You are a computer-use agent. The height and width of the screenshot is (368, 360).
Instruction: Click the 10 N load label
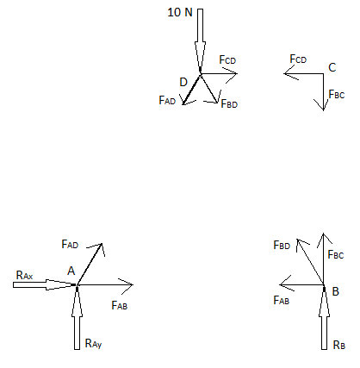pos(180,12)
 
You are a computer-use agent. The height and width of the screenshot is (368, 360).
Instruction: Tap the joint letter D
pos(183,82)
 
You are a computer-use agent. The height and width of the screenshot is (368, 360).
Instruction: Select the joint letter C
pos(332,67)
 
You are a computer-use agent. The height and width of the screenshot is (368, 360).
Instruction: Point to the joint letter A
pos(71,271)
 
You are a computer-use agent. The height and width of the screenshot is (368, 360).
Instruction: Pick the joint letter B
pos(336,291)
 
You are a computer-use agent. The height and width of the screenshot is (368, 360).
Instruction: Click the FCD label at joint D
pos(227,59)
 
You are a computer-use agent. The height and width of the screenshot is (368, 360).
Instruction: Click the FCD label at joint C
pos(298,59)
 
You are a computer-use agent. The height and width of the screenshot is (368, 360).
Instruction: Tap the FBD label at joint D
pos(229,103)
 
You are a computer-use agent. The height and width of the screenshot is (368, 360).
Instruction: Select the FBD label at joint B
pos(282,245)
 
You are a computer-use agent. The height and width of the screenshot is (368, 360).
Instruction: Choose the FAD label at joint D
pos(167,100)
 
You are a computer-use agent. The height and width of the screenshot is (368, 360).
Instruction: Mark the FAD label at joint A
pos(70,244)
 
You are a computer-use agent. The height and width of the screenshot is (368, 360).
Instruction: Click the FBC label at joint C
pos(337,94)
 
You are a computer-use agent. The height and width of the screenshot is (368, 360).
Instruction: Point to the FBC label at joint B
pos(336,254)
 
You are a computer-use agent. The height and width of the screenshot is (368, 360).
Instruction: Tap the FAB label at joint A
pos(120,305)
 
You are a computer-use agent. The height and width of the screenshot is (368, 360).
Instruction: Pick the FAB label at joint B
pos(282,300)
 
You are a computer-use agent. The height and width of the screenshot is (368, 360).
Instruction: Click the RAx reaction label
pos(25,275)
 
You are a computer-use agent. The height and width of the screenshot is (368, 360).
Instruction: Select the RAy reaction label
pos(93,344)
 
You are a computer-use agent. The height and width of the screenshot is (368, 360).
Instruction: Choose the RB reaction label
pos(339,345)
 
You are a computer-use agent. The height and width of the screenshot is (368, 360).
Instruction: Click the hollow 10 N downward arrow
pos(200,41)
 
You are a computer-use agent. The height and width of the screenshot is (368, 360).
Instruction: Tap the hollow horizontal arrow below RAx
pos(45,284)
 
